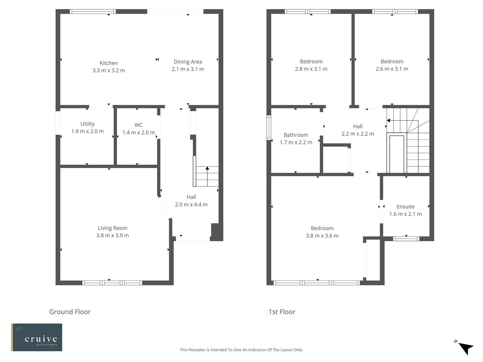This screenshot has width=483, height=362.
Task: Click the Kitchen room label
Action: tap(109, 63)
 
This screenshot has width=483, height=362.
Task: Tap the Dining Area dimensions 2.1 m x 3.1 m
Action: tap(188, 69)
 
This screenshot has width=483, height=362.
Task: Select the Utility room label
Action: tap(88, 124)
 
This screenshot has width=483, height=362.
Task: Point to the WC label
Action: tap(139, 125)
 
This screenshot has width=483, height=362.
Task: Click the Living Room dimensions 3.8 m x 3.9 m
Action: tap(113, 235)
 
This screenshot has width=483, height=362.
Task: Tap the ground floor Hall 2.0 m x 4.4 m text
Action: tap(191, 204)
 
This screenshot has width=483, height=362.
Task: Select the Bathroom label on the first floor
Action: tap(296, 135)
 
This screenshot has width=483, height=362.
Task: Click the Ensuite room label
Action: tap(405, 207)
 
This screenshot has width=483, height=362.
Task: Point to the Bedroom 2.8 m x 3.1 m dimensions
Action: tap(311, 69)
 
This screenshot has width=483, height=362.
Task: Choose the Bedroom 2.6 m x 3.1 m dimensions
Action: tap(392, 69)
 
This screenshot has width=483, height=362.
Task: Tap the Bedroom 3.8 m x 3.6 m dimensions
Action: tap(322, 236)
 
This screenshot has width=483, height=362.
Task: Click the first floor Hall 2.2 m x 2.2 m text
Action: tap(358, 134)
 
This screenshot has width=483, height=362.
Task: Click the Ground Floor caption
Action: tap(70, 312)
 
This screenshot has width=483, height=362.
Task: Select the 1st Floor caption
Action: tap(282, 312)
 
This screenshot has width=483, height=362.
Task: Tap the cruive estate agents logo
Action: tap(37, 337)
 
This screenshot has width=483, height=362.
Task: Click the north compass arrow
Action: tap(466, 348)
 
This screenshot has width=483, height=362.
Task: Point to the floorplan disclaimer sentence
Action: tap(241, 350)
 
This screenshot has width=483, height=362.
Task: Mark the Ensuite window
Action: tap(406, 239)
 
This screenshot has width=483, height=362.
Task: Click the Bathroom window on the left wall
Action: tap(269, 127)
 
